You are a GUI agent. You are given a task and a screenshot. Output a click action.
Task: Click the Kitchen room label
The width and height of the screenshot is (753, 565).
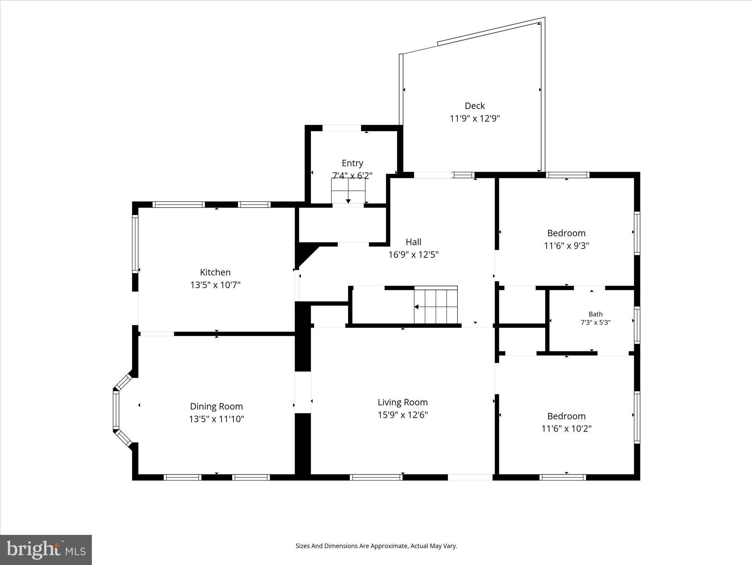[215, 272]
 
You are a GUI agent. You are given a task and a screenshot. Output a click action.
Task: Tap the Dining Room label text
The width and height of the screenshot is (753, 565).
[216, 406]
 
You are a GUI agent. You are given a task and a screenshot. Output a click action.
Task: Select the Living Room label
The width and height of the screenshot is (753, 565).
[402, 402]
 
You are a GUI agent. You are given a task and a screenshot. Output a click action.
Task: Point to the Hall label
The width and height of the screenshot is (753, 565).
[413, 242]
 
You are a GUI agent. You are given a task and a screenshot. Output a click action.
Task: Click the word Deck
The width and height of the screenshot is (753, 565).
[474, 106]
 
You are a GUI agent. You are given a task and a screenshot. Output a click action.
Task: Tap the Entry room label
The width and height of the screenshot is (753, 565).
[352, 163]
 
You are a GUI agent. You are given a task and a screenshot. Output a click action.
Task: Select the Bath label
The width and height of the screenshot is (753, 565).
[596, 314]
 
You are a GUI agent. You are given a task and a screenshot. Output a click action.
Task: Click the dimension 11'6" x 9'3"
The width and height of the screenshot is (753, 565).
[566, 246]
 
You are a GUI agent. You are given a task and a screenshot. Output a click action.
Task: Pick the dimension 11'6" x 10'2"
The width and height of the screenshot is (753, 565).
[566, 429]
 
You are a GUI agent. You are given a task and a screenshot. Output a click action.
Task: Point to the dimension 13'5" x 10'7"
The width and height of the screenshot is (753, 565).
[215, 285]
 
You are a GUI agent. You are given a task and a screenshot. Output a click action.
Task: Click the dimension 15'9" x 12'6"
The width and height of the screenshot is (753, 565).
[402, 415]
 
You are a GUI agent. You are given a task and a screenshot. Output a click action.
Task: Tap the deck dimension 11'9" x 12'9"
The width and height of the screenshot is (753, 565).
[474, 119]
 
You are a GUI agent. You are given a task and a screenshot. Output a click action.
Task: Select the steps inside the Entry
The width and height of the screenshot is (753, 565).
[348, 191]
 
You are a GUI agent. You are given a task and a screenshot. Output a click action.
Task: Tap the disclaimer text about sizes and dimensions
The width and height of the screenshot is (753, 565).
[376, 546]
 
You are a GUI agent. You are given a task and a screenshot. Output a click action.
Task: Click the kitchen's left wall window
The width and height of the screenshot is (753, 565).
[135, 243]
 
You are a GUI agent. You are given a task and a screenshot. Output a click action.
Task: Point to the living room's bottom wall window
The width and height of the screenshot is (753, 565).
[376, 477]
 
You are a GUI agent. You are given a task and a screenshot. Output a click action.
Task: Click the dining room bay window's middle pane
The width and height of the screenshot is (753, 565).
[116, 410]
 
